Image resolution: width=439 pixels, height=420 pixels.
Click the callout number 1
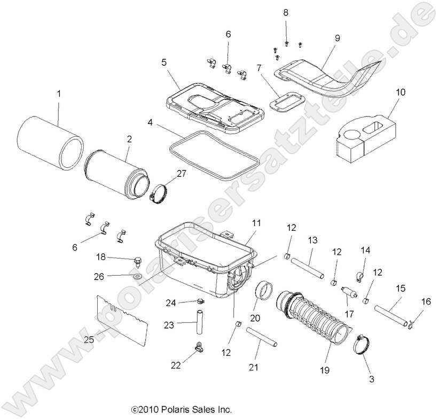pyautogui.click(x=59, y=94)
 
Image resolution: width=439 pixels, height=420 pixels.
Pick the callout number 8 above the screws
pyautogui.click(x=285, y=12)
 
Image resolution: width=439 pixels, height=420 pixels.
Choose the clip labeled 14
pyautogui.click(x=358, y=276)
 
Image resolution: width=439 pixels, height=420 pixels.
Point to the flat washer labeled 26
pyautogui.click(x=136, y=277)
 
